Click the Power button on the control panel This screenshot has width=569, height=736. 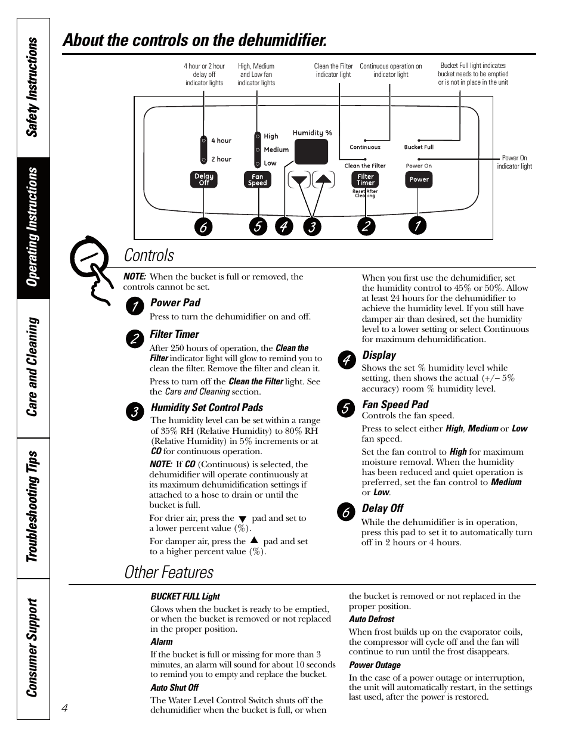[419, 179]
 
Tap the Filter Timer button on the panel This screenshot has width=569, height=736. [365, 179]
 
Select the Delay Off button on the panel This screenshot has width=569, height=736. [203, 179]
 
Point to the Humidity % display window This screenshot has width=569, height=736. [311, 151]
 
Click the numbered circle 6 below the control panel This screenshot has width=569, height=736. [203, 227]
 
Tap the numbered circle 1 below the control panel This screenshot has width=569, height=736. [418, 225]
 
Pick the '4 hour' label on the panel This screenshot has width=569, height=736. [221, 141]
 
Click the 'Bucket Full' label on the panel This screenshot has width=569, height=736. [419, 147]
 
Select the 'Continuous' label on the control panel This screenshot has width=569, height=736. [365, 147]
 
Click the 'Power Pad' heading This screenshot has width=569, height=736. [175, 303]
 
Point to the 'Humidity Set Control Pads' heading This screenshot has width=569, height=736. [207, 408]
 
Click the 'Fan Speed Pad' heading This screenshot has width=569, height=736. [395, 405]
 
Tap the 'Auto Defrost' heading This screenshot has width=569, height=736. [372, 619]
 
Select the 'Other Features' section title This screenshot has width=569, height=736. [169, 572]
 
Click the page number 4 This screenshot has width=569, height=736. [65, 707]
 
